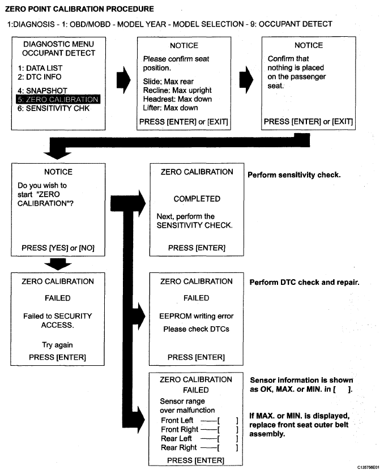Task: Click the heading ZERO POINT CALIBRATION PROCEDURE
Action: (x=79, y=9)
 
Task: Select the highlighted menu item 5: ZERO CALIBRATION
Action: (x=58, y=100)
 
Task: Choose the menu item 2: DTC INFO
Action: (x=39, y=77)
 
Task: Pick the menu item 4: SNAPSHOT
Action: (x=42, y=91)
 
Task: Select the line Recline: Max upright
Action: (x=177, y=91)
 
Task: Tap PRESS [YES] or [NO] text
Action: (x=58, y=247)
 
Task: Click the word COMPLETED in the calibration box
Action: (x=197, y=199)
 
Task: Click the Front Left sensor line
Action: (x=198, y=420)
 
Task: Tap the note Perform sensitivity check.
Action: (x=294, y=175)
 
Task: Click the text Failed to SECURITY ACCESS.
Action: (x=58, y=321)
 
